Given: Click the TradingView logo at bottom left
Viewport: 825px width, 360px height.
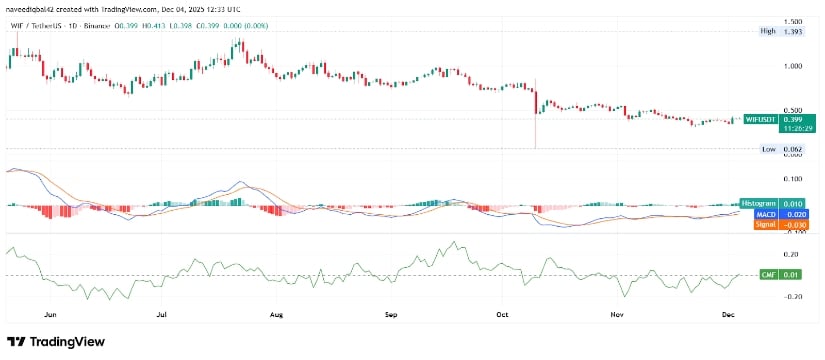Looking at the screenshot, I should (x=58, y=341).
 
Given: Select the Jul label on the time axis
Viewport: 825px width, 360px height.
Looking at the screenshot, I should (x=162, y=312).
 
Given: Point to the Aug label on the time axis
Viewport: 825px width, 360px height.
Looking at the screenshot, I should (x=277, y=312).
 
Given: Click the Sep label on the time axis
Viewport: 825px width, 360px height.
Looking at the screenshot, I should (x=391, y=312).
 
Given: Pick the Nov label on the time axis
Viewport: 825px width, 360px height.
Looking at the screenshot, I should (x=617, y=312).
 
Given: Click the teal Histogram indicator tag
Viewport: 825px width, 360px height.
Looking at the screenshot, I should (x=763, y=203).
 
